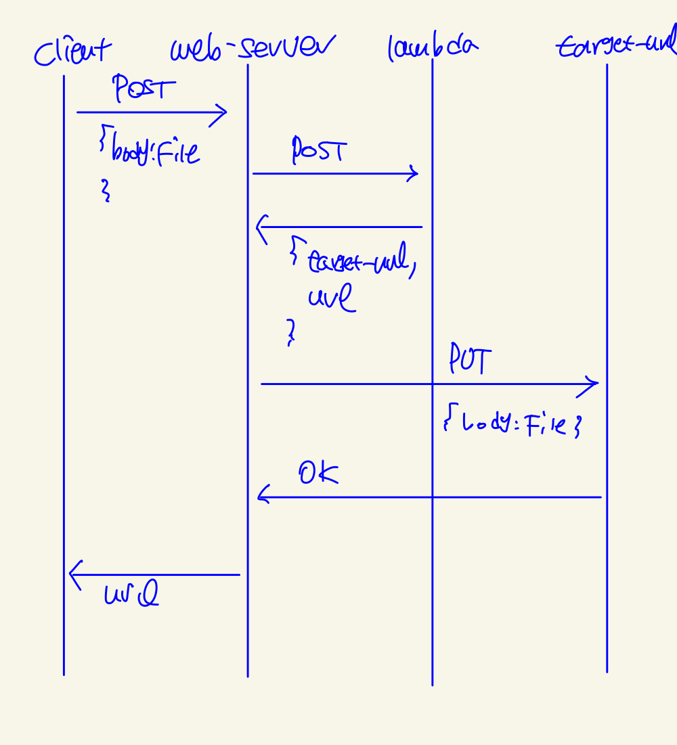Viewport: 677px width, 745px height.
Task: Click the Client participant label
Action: [73, 51]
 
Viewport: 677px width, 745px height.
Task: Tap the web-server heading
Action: [252, 49]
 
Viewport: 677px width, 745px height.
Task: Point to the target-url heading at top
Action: [616, 46]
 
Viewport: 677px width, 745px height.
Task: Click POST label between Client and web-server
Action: [144, 89]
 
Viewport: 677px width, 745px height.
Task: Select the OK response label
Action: [318, 474]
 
